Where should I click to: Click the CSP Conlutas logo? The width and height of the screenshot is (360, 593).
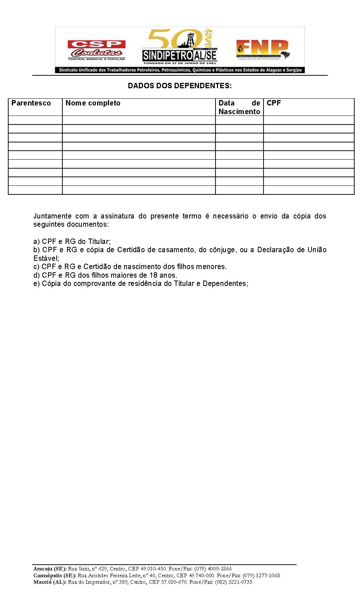[96, 50]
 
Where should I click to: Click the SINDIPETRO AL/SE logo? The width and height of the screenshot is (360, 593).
[180, 47]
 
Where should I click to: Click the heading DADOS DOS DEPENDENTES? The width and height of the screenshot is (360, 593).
[180, 86]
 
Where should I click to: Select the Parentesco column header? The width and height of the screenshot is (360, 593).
[31, 103]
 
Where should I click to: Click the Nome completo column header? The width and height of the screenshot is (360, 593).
[93, 103]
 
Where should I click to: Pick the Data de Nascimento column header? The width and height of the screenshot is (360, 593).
[239, 107]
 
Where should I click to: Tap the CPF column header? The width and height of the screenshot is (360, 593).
[274, 103]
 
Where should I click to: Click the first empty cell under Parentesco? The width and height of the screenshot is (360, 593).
[35, 120]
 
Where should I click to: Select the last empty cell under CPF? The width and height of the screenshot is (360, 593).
[308, 190]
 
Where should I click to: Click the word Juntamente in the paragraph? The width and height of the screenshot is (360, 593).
[52, 216]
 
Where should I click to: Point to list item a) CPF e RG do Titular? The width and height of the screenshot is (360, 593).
[72, 241]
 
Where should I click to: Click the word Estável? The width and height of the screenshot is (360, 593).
[46, 258]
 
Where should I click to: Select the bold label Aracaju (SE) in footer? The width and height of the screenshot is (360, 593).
[50, 569]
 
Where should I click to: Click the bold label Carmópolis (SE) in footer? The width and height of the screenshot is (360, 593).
[55, 575]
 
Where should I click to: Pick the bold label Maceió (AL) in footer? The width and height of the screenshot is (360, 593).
[49, 582]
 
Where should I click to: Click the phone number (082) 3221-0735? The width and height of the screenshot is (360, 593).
[233, 582]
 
